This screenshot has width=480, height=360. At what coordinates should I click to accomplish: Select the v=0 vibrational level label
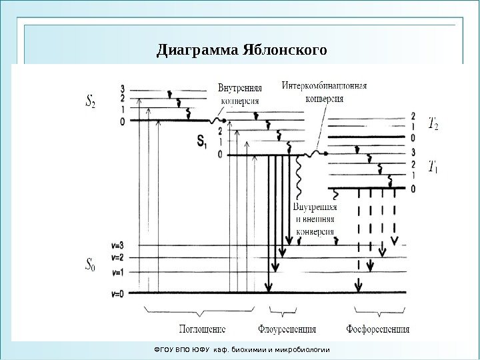119,293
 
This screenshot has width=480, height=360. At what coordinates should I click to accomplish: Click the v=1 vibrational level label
119,272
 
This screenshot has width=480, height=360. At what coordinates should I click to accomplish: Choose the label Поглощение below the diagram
202,329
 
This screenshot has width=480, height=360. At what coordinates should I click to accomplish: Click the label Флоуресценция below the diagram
287,329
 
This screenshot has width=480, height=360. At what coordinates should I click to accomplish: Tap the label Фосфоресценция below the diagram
378,329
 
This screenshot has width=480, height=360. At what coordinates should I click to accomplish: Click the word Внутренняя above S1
239,87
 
